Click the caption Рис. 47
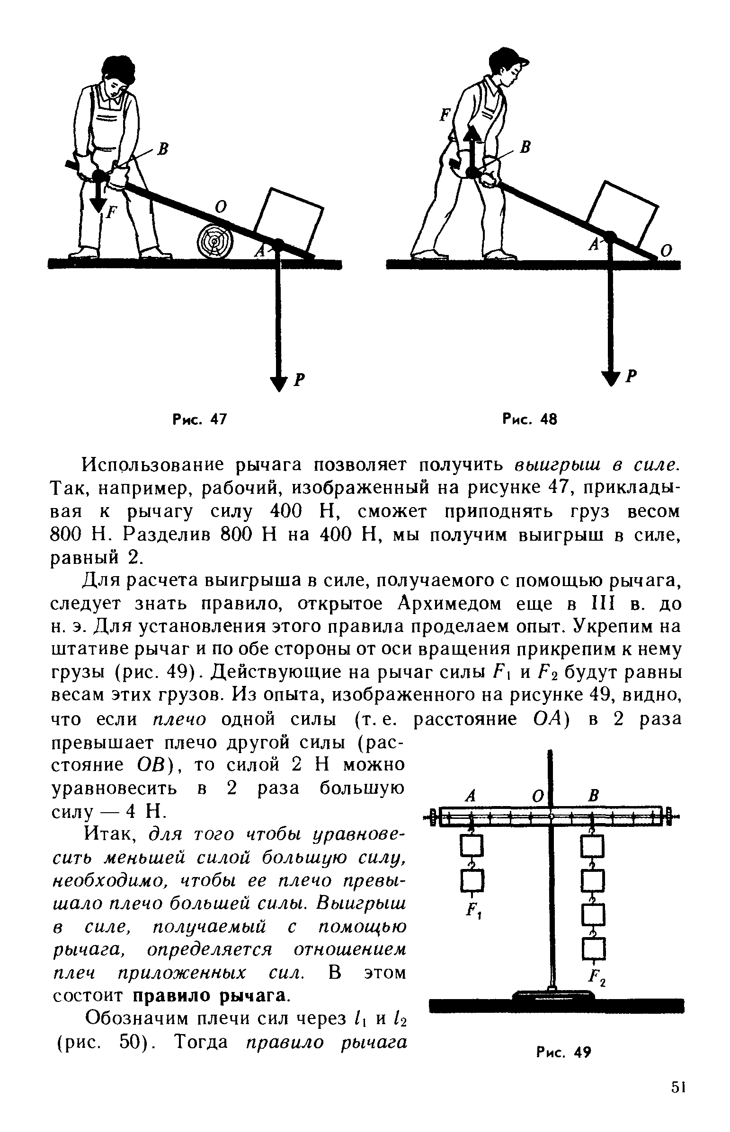[200, 419]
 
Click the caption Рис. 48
[529, 419]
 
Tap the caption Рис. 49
[564, 1053]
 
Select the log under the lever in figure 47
[215, 241]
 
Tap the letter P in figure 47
[298, 380]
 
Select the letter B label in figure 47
[163, 150]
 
